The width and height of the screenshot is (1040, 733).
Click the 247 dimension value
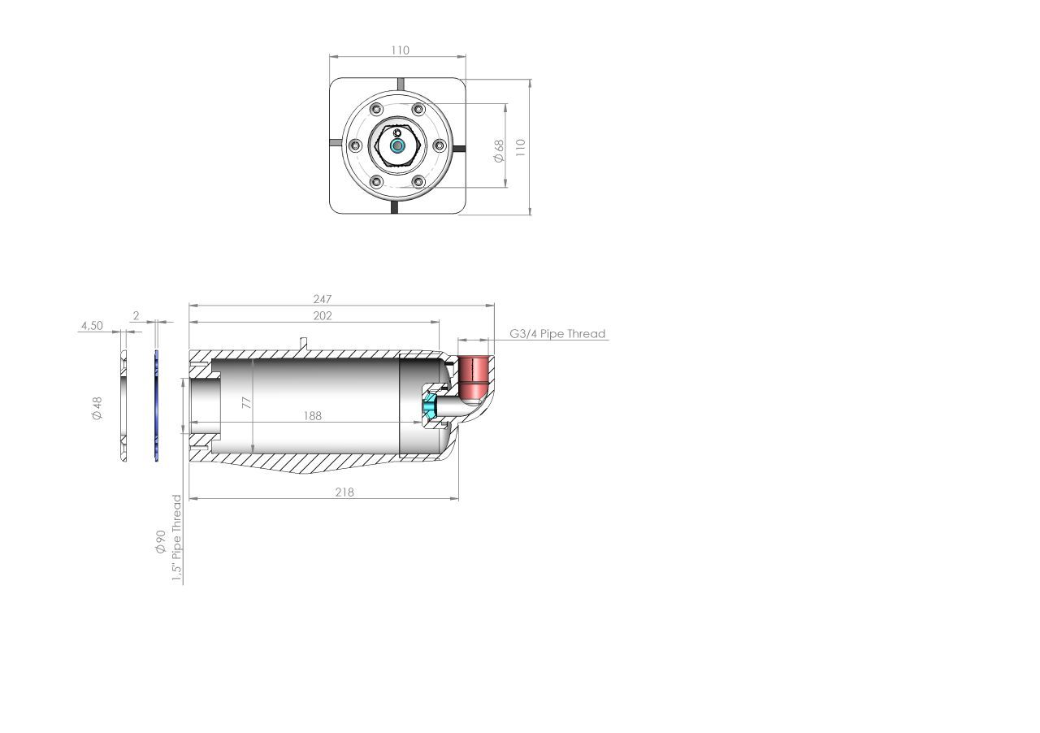323,299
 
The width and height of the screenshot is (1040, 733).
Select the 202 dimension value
323,316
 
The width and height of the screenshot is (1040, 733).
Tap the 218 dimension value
344,492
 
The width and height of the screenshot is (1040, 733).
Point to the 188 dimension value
313,416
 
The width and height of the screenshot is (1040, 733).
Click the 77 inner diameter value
246,403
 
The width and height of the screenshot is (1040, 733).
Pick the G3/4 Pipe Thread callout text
557,333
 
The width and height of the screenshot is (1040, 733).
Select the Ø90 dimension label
161,541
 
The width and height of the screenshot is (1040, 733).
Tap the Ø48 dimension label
97,408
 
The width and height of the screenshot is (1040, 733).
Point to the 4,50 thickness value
92,326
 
